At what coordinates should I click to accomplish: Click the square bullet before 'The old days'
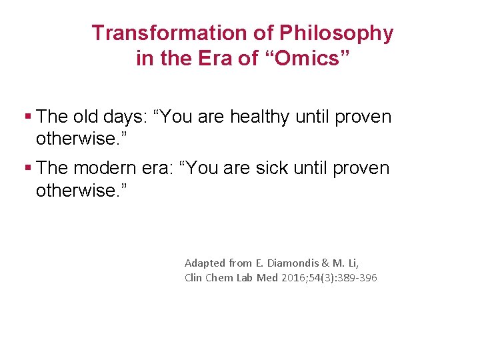coord(27,117)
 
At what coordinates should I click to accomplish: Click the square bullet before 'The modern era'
coord(27,168)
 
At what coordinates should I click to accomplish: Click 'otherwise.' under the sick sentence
coord(80,191)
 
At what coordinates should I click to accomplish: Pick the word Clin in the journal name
coord(195,278)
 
